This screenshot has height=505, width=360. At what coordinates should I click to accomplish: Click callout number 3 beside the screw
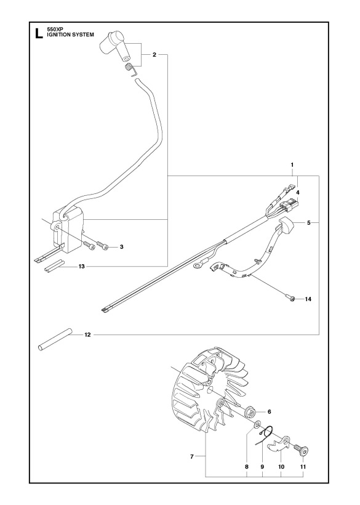pos(122,247)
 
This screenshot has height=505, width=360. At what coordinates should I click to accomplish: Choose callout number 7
pos(191,456)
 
